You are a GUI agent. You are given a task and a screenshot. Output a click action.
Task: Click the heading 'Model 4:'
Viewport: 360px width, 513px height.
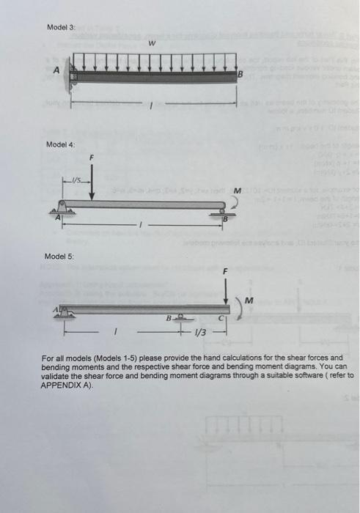pyautogui.click(x=61, y=144)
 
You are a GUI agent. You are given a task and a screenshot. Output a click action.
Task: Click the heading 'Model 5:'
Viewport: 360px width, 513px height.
pyautogui.click(x=59, y=256)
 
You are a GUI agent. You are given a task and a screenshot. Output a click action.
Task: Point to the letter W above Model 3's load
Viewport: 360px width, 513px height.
pyautogui.click(x=151, y=44)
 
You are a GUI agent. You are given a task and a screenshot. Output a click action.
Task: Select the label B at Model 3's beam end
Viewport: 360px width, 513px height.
pyautogui.click(x=239, y=75)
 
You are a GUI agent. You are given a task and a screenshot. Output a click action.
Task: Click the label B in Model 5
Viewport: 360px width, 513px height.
pyautogui.click(x=168, y=318)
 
